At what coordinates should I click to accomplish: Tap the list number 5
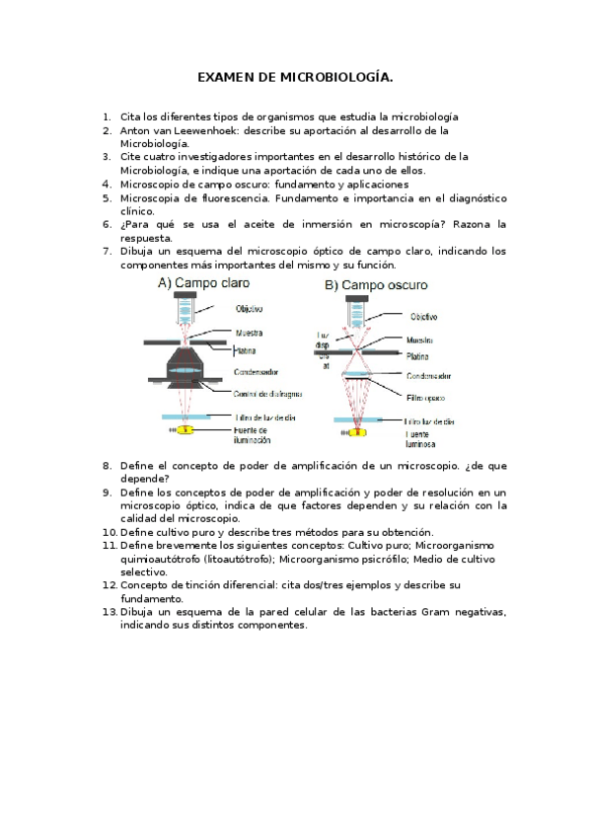pyautogui.click(x=107, y=197)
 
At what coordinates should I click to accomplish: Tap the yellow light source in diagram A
pyautogui.click(x=186, y=431)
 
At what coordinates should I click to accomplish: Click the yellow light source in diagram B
pyautogui.click(x=357, y=431)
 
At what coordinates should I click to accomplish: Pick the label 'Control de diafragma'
pyautogui.click(x=267, y=394)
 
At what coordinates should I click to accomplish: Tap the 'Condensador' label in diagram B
pyautogui.click(x=430, y=376)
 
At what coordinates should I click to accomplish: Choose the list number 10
pyautogui.click(x=107, y=532)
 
